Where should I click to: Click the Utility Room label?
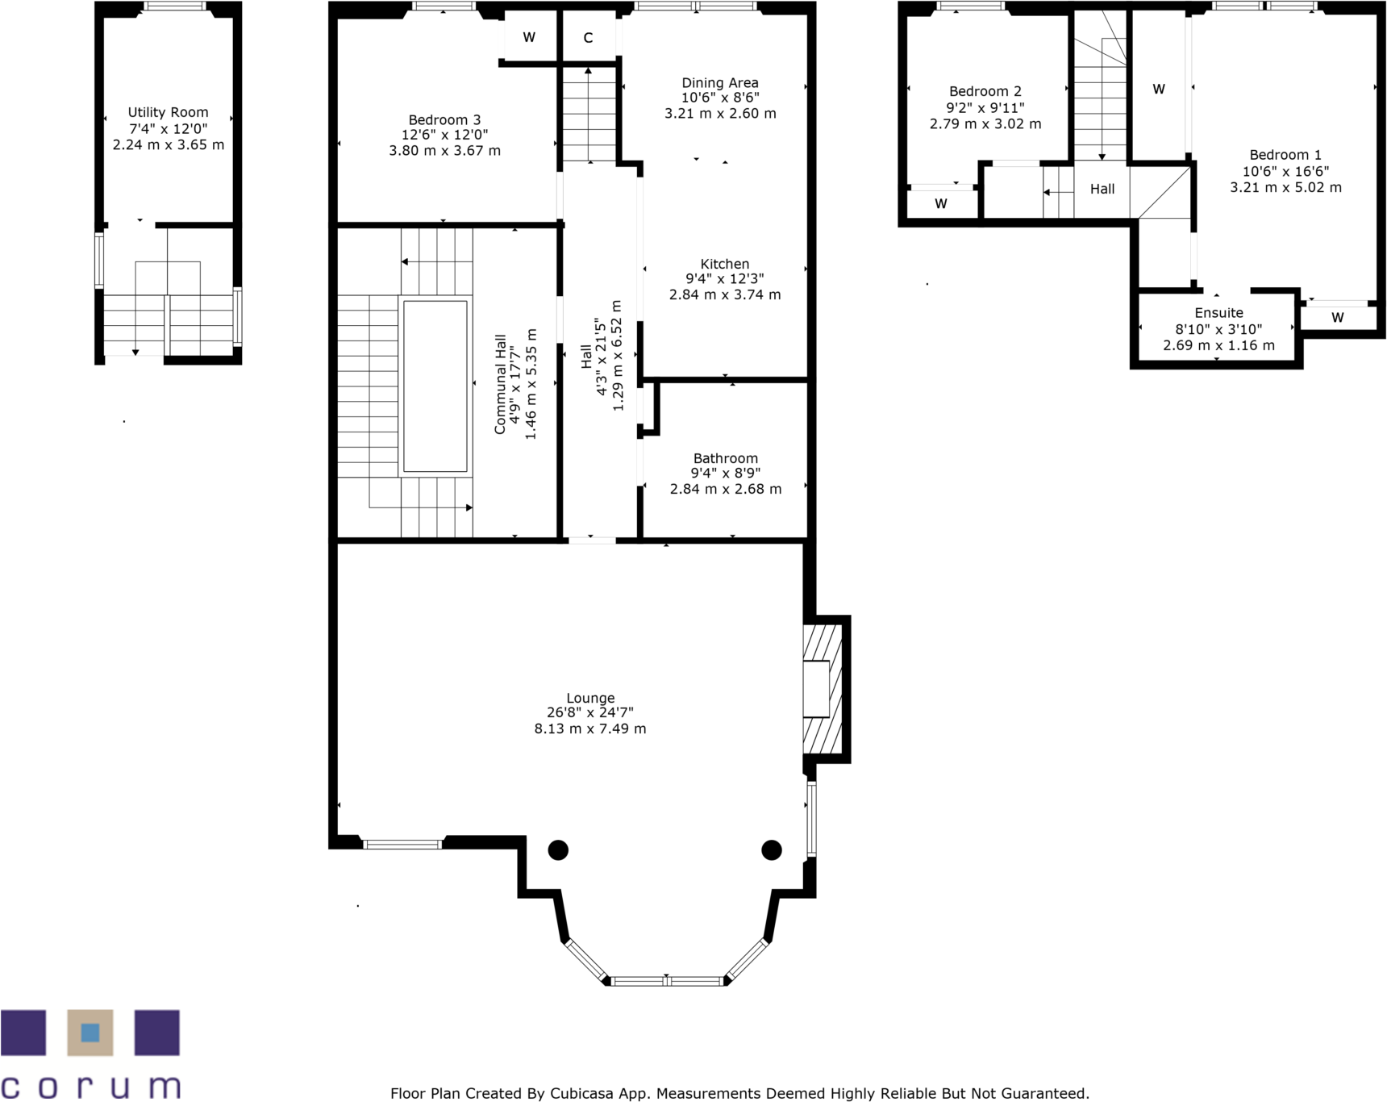point(168,112)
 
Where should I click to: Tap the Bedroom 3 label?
point(444,120)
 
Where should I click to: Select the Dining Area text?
point(719,82)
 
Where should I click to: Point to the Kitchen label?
point(724,264)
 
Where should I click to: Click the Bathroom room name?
point(725,458)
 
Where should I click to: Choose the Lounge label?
point(590,698)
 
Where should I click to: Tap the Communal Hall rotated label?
point(501,384)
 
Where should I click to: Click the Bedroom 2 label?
point(985,91)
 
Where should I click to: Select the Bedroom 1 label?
point(1285,155)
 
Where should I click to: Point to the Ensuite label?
point(1218,313)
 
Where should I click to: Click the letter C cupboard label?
point(588,38)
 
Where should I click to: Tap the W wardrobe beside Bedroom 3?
point(529,37)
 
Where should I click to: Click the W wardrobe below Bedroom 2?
point(940,204)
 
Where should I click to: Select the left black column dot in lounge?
point(558,849)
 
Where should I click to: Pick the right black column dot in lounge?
point(772,849)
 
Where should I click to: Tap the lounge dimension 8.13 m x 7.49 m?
point(590,728)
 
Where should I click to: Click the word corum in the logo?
point(90,1086)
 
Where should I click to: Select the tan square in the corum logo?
point(90,1033)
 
